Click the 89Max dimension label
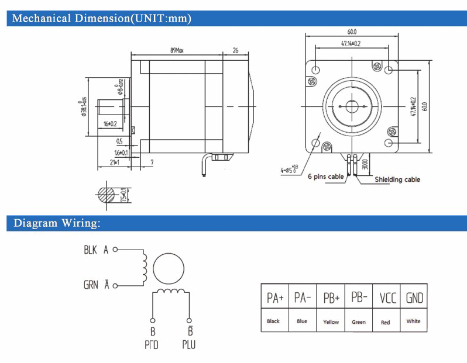(177, 51)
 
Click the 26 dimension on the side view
(235, 51)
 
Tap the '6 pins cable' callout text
(326, 176)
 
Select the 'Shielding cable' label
(397, 179)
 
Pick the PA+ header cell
(275, 298)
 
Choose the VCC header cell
(388, 298)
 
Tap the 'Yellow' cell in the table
(331, 321)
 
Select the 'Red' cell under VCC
(385, 321)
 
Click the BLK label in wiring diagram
(90, 250)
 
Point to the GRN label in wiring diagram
(91, 285)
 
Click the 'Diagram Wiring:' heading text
(57, 223)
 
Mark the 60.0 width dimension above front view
(351, 32)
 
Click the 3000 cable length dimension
(365, 164)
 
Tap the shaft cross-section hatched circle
(109, 194)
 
